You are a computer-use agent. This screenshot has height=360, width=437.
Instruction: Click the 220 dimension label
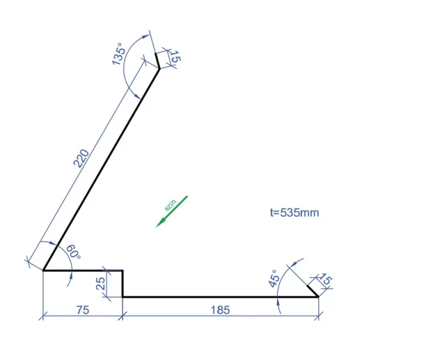point(81,158)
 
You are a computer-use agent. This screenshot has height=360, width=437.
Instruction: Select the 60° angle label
point(74,253)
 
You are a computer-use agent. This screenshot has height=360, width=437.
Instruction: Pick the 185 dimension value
point(220,309)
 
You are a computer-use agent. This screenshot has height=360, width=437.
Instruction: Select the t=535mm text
point(294,213)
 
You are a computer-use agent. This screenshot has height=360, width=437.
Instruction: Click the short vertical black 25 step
point(122,284)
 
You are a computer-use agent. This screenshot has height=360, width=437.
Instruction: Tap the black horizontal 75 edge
point(82,270)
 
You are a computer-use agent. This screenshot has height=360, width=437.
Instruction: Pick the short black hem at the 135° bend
point(157,61)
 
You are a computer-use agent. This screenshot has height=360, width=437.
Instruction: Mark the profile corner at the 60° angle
point(43,270)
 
